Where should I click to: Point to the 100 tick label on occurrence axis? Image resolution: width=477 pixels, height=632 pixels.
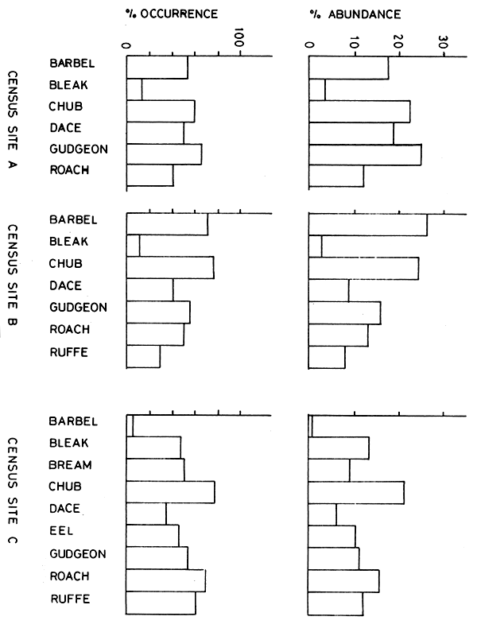coord(240,40)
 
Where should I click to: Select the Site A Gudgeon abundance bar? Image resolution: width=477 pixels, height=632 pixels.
coord(364,154)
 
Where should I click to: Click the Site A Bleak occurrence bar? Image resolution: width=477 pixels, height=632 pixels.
coord(134,89)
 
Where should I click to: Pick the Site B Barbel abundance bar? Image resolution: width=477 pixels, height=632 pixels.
coord(367,225)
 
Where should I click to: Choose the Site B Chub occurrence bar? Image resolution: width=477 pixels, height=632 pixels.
coord(170,268)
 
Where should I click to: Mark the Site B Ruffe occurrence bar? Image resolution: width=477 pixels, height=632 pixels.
coord(143,357)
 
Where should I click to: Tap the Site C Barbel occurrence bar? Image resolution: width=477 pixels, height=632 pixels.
coord(130,426)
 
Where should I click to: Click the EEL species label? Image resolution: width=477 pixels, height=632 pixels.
coord(62,532)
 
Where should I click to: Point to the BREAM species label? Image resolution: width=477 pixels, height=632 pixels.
coord(70,465)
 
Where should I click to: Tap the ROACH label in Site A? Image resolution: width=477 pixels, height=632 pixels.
coord(69,169)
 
